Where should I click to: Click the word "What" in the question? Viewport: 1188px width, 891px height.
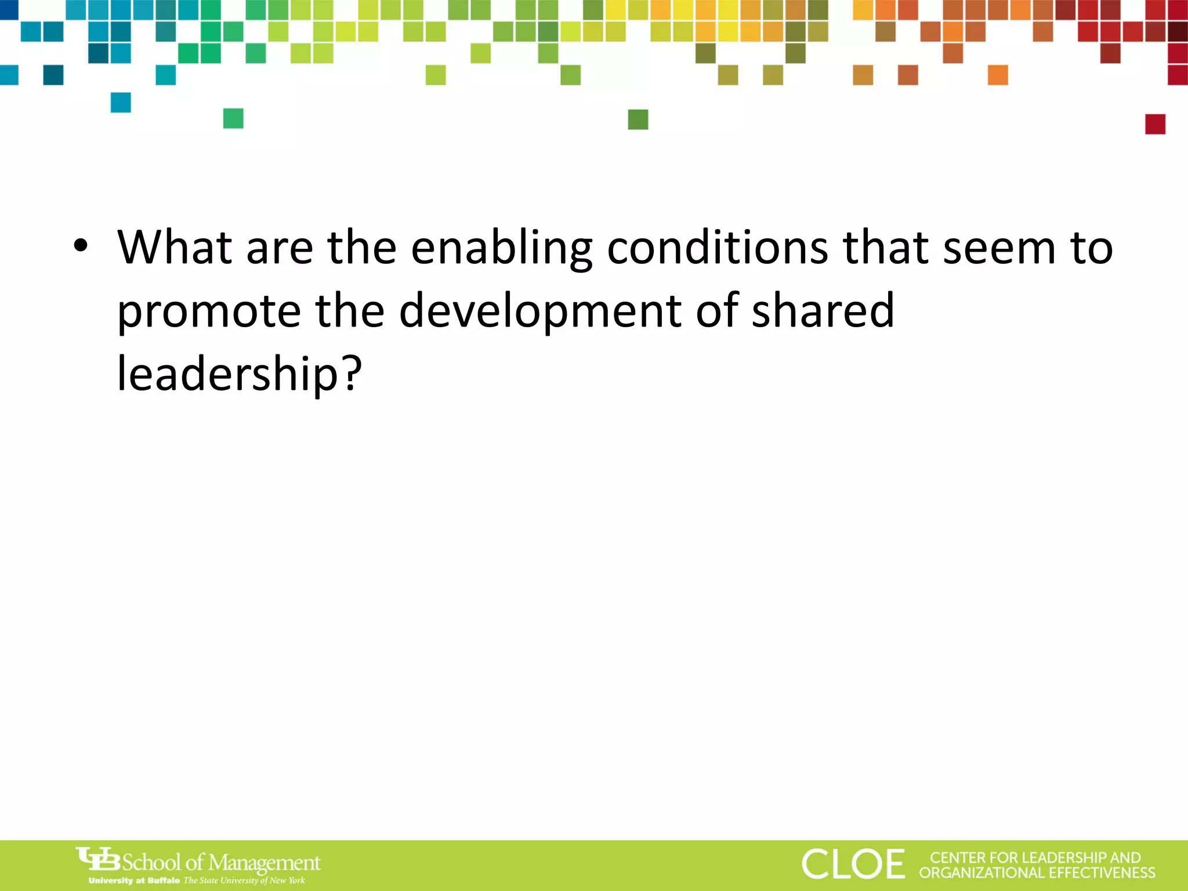[175, 248]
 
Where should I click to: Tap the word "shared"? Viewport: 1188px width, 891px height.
[823, 311]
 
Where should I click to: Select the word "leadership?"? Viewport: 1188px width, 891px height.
[240, 374]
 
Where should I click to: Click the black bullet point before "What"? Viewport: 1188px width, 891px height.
[81, 246]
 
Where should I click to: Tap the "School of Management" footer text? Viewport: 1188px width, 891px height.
[221, 863]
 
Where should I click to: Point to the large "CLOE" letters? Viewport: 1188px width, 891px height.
[853, 864]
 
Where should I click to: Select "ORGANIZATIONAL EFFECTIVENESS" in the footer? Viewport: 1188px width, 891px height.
[1037, 873]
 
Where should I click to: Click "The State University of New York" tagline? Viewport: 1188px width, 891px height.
[244, 881]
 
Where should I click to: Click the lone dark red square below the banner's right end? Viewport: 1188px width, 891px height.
[1155, 124]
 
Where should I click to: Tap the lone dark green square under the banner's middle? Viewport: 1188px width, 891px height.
[638, 119]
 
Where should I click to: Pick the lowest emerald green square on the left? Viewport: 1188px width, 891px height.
[233, 118]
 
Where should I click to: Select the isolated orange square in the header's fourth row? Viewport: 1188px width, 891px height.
[998, 75]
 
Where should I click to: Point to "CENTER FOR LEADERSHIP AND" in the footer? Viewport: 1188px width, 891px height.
[1035, 857]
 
